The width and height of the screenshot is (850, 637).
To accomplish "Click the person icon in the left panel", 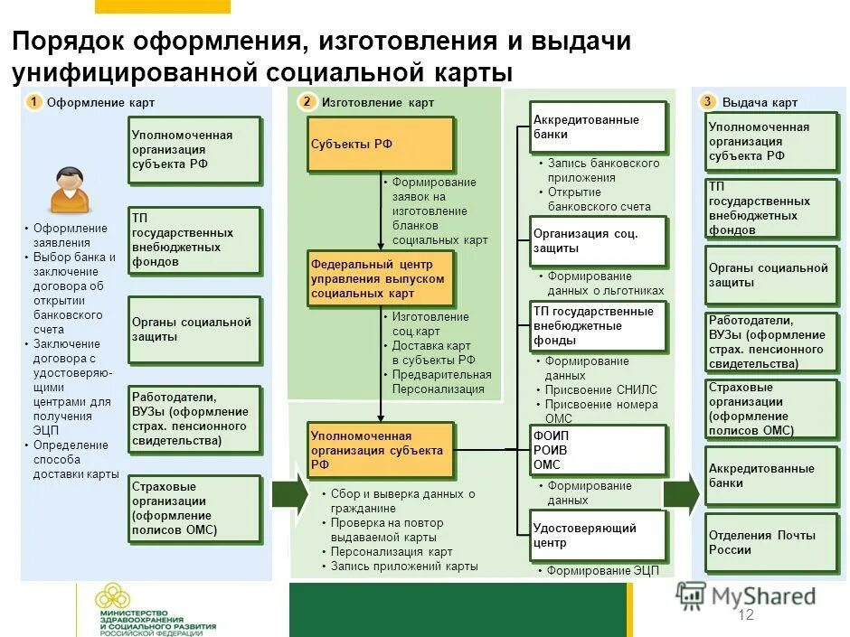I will [70, 190].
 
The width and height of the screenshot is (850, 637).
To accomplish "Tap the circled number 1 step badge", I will [33, 102].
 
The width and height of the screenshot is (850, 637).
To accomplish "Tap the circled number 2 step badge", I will [307, 102].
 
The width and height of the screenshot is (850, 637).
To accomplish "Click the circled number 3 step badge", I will [708, 102].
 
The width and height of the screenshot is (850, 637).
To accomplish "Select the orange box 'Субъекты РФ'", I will [379, 144].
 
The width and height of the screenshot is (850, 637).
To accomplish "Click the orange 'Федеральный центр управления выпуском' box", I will [380, 279].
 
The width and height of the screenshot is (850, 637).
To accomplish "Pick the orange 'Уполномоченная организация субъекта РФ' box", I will [380, 450].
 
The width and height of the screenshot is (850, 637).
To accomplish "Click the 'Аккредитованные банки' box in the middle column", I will [598, 126].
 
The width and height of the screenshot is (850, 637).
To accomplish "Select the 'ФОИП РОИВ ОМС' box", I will [598, 450].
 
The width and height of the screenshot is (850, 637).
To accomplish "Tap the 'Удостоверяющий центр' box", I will [598, 536].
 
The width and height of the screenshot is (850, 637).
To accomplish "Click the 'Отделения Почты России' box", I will [771, 542].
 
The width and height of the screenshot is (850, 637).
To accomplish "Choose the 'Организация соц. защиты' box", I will [598, 240].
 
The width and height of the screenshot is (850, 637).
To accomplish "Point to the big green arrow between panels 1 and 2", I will [290, 493].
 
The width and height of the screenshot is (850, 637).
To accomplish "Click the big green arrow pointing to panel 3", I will [682, 493].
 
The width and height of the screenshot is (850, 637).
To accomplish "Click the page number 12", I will [746, 615].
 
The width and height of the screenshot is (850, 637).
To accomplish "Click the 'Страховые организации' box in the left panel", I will [194, 509].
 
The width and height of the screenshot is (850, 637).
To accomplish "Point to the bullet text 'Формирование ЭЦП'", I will [598, 570].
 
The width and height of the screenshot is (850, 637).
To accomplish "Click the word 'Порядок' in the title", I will [68, 42].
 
